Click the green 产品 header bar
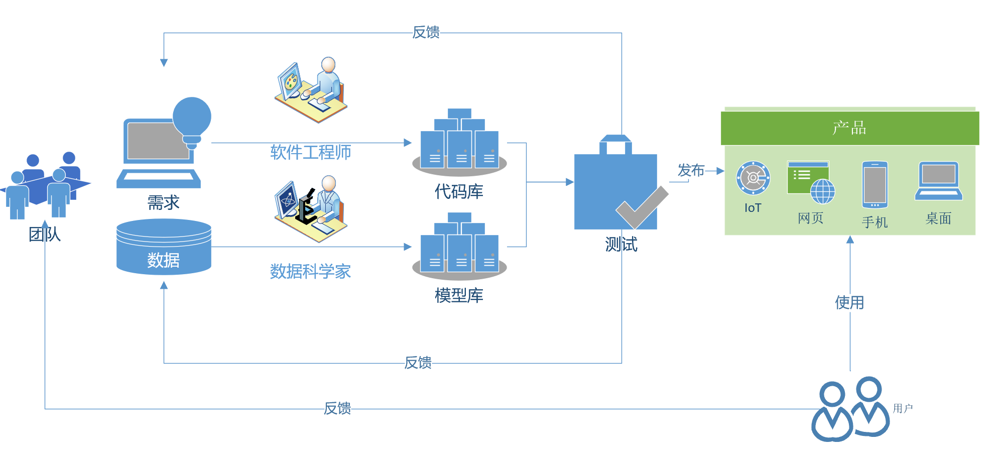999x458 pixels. (849, 128)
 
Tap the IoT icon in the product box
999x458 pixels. (753, 178)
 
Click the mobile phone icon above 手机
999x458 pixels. (875, 184)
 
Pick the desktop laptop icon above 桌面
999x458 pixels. (938, 181)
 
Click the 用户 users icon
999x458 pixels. (850, 409)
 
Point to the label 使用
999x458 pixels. (849, 302)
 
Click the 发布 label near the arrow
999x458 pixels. (691, 170)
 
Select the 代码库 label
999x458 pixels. (459, 191)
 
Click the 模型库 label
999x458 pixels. (459, 295)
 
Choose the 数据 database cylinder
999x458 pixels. (164, 248)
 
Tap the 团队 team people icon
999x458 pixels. (45, 186)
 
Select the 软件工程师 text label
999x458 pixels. (310, 152)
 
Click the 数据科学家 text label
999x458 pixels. (310, 271)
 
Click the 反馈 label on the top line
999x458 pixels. (426, 32)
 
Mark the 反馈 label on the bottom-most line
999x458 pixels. (337, 408)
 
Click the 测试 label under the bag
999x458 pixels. (621, 245)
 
